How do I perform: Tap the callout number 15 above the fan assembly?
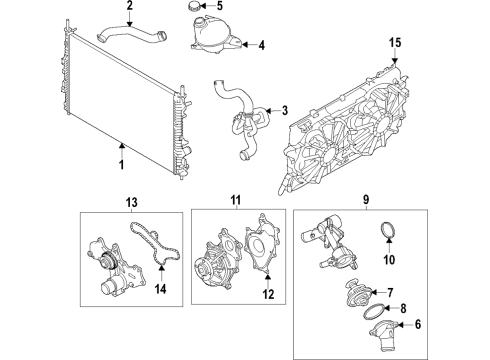click(395, 42)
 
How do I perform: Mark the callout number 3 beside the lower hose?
click(285, 110)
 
